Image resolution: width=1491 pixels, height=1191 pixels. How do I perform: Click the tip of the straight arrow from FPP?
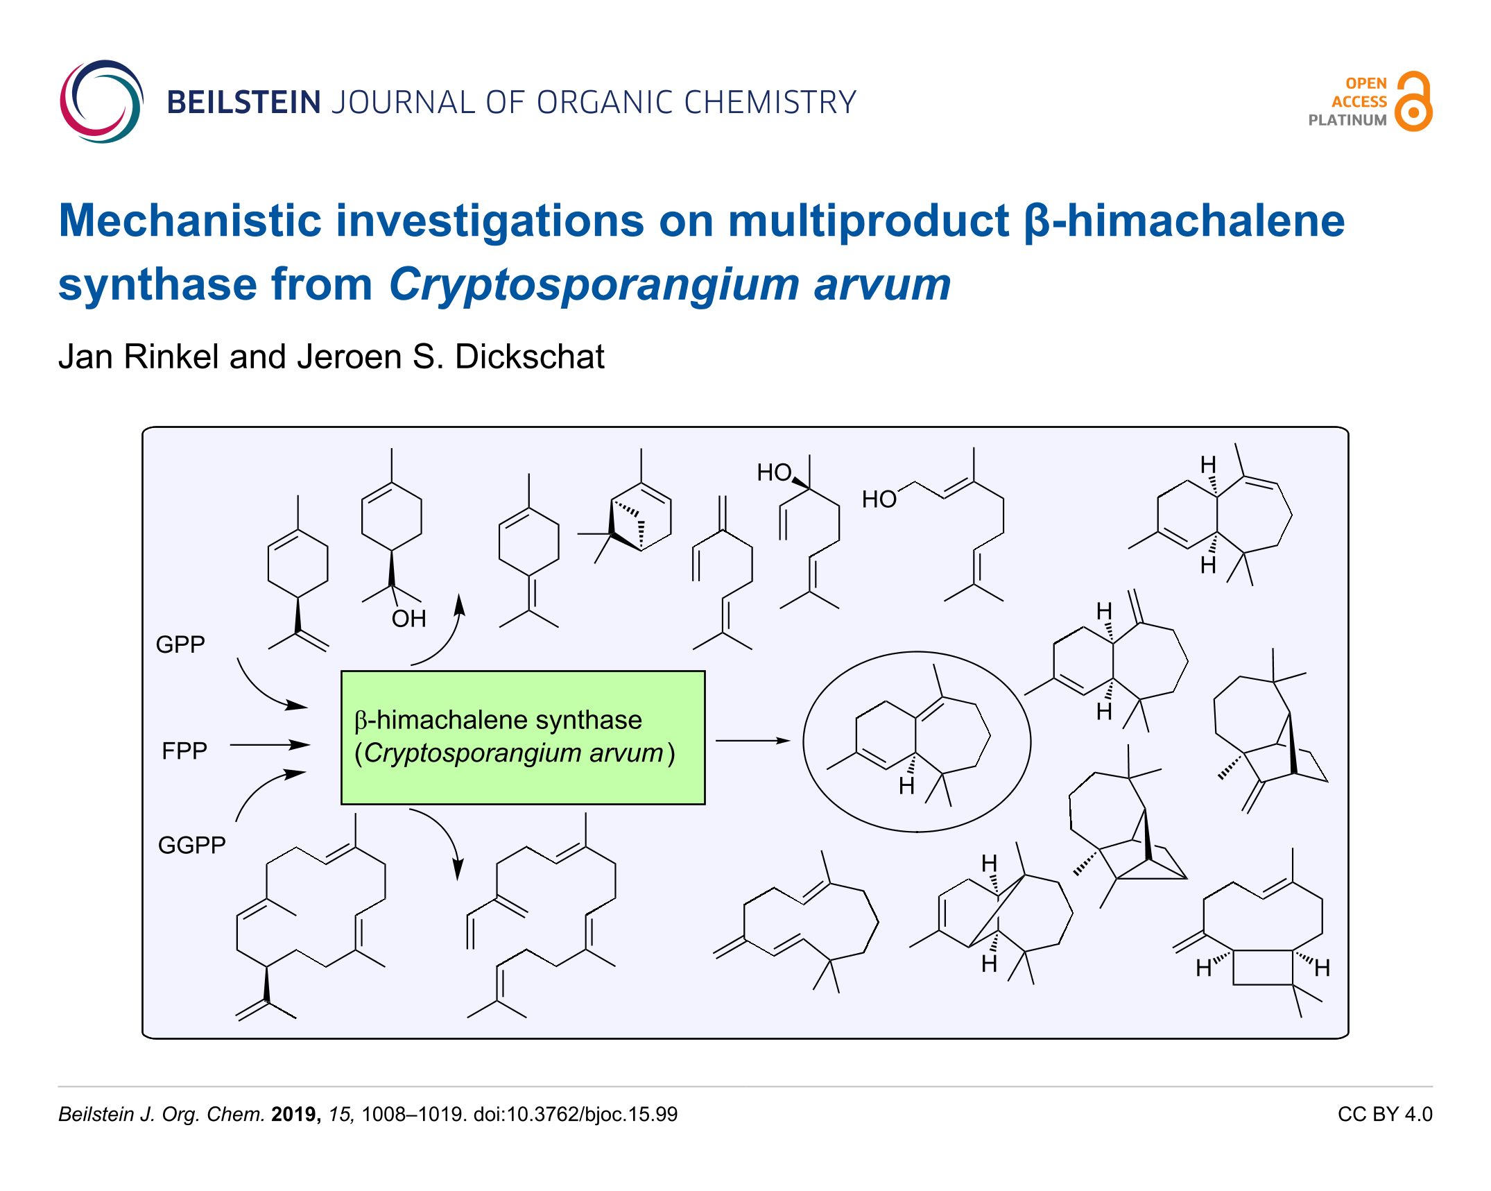(310, 744)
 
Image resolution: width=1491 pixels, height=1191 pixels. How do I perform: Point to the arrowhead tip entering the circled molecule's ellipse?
(791, 741)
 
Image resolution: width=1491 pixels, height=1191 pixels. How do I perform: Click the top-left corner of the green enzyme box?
(341, 671)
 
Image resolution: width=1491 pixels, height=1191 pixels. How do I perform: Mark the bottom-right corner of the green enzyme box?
(705, 805)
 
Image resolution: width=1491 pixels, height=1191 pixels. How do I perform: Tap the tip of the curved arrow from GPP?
(307, 706)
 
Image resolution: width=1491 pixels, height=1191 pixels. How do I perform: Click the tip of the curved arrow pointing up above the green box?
(460, 594)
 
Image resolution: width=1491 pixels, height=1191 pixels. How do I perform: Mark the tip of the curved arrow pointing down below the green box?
(458, 881)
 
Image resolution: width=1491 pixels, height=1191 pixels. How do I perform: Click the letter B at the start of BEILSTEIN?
(177, 103)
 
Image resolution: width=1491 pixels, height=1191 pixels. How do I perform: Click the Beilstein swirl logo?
(102, 101)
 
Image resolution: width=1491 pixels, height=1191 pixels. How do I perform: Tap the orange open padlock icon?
(1413, 101)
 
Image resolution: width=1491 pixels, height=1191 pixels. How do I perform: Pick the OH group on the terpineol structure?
(408, 618)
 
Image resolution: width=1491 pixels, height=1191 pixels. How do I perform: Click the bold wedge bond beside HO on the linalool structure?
(801, 483)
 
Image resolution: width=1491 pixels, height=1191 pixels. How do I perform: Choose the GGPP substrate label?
(192, 845)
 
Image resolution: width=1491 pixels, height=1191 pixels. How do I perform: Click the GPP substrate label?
(180, 644)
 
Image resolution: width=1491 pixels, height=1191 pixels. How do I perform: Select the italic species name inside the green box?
(514, 753)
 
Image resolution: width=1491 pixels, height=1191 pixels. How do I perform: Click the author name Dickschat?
(530, 357)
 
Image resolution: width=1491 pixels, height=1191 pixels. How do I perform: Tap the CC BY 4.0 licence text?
(1385, 1114)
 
